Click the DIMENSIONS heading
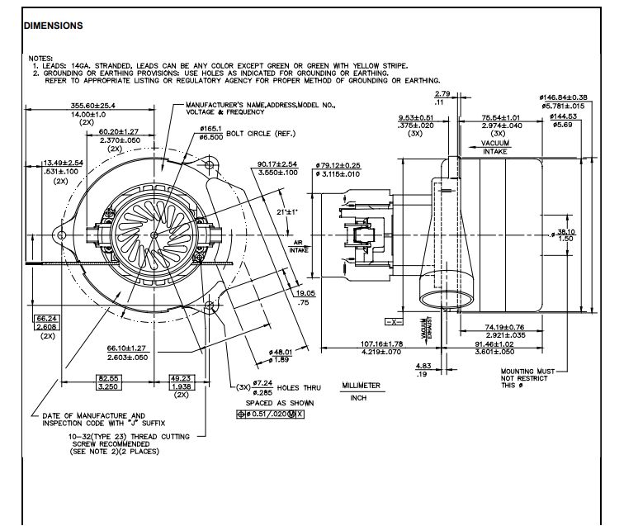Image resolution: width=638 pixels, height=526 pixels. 53,25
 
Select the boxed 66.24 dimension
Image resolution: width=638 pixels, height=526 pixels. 45,318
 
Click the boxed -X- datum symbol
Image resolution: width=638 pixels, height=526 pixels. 394,320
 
